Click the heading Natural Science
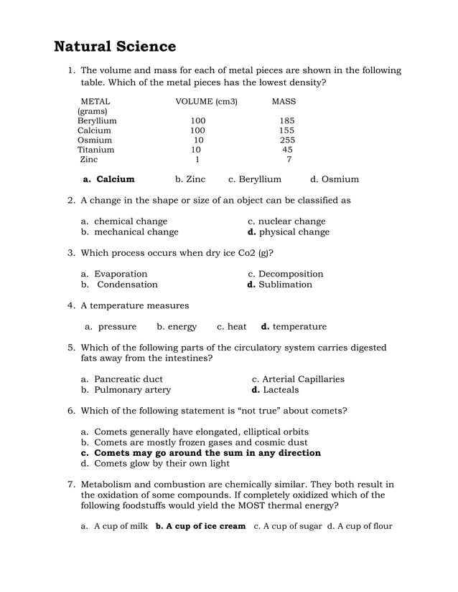pyautogui.click(x=115, y=47)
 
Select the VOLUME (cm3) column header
pyautogui.click(x=206, y=102)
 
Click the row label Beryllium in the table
pyautogui.click(x=97, y=121)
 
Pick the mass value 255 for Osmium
pyautogui.click(x=287, y=140)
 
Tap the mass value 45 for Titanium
pyautogui.click(x=287, y=151)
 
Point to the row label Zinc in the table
pyautogui.click(x=89, y=160)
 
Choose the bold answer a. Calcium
pyautogui.click(x=108, y=179)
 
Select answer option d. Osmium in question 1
pyautogui.click(x=334, y=179)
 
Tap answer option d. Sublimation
pyautogui.click(x=279, y=285)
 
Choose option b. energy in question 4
pyautogui.click(x=177, y=327)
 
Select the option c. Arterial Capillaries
pyautogui.click(x=298, y=379)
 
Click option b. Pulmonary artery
pyautogui.click(x=126, y=390)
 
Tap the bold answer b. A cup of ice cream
pyautogui.click(x=200, y=527)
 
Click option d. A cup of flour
pyautogui.click(x=360, y=527)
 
